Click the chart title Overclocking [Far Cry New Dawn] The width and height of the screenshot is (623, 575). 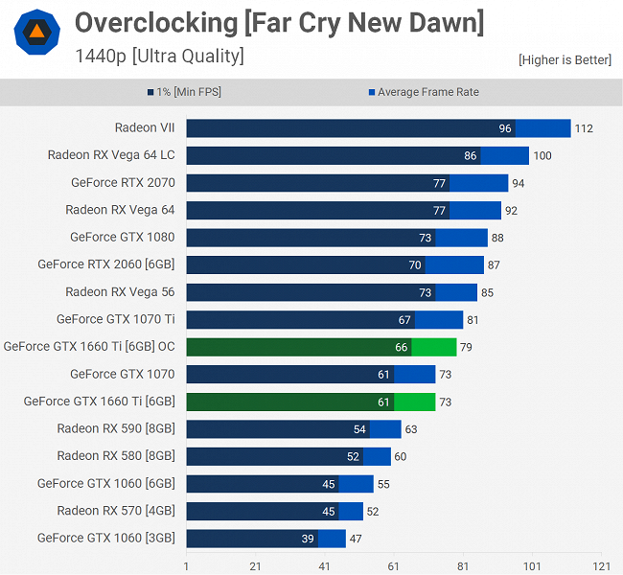click(x=279, y=22)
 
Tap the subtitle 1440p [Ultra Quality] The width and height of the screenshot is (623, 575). click(x=159, y=56)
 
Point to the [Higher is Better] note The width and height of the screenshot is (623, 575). click(x=565, y=59)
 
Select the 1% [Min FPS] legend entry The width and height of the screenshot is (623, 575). click(x=189, y=92)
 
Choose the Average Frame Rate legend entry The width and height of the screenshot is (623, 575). click(x=423, y=92)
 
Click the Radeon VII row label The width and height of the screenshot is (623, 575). click(x=145, y=127)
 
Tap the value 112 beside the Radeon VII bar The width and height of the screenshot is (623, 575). click(x=586, y=128)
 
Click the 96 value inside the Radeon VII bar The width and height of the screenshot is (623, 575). click(x=505, y=128)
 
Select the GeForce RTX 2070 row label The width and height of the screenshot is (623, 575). click(x=123, y=182)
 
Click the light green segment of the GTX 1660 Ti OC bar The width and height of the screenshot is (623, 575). click(x=434, y=347)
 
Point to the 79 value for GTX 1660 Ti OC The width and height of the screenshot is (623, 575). click(x=466, y=347)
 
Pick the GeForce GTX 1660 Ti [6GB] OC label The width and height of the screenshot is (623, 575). click(x=89, y=347)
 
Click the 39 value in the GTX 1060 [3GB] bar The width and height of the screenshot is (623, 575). click(x=308, y=539)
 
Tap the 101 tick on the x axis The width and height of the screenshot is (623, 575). click(x=532, y=565)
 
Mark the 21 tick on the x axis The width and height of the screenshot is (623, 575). click(x=255, y=565)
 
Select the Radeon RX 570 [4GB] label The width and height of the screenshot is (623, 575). click(x=116, y=511)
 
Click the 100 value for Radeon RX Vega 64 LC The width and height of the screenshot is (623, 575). click(x=542, y=155)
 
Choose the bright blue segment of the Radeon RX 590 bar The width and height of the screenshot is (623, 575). click(x=385, y=429)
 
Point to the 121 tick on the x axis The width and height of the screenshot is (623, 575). click(x=601, y=565)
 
